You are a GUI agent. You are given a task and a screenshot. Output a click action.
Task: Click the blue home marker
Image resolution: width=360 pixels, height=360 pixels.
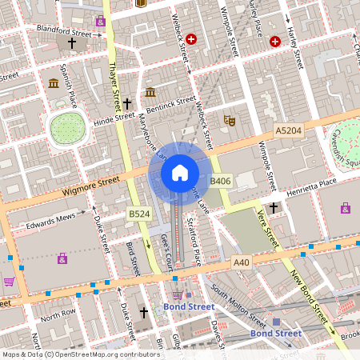click(180, 172)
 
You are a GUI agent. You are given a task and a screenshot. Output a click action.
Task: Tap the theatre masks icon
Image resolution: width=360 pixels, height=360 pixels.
click(229, 121)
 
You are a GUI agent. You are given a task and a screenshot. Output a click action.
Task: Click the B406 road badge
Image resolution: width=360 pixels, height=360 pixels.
click(220, 182)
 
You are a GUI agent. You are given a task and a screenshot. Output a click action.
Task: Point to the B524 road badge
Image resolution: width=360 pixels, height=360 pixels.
click(139, 214)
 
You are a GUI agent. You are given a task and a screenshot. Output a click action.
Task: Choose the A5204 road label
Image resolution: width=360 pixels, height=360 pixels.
click(288, 130)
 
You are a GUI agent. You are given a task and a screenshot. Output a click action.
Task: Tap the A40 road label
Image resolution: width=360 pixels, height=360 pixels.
click(242, 262)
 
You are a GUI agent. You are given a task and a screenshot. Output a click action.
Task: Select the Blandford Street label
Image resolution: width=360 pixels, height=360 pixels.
click(64, 31)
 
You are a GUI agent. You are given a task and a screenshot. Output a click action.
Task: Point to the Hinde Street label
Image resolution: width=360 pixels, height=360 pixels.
click(114, 119)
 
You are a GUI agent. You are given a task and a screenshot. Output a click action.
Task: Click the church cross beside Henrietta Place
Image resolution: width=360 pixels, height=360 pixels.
click(274, 208)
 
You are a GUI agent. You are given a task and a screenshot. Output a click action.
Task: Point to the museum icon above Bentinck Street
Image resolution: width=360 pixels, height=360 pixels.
click(150, 93)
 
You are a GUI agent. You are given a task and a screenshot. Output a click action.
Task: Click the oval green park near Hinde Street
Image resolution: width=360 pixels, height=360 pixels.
click(67, 127)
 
